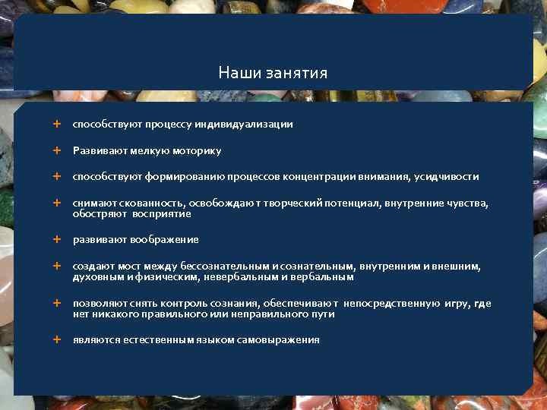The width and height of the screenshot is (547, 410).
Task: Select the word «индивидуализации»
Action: tap(249, 124)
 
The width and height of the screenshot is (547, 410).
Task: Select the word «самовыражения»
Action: tap(281, 340)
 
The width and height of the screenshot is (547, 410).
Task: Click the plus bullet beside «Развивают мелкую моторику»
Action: tap(56, 150)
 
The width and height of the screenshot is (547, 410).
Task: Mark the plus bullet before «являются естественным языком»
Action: tap(56, 339)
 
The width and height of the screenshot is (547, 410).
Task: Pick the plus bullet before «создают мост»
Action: tap(56, 266)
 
